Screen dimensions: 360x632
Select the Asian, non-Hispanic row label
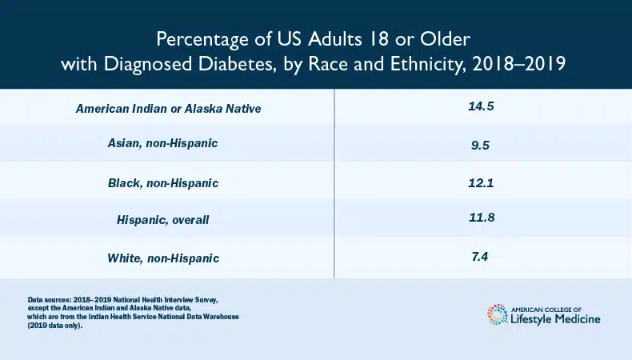tap(163, 144)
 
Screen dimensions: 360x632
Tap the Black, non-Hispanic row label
tap(163, 183)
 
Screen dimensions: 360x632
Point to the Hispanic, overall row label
tap(163, 219)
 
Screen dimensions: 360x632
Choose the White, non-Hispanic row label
tap(163, 258)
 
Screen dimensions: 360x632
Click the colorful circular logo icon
tap(496, 314)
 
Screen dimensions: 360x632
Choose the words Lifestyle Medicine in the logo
tap(554, 320)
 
